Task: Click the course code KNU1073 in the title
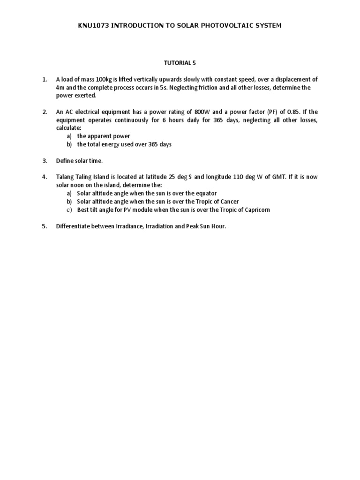(x=93, y=25)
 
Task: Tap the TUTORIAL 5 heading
(x=180, y=62)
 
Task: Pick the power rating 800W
(x=202, y=112)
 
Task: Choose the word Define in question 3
(x=65, y=161)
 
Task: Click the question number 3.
(x=45, y=161)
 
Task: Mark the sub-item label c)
(x=68, y=210)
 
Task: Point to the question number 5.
(x=45, y=226)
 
